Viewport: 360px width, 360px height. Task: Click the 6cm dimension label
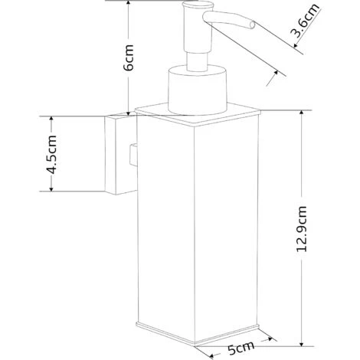(128, 57)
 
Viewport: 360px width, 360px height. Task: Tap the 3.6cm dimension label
(306, 21)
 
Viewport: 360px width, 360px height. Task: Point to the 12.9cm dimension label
(302, 229)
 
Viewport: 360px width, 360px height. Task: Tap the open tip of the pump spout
(252, 25)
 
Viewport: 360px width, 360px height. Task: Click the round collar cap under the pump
(198, 90)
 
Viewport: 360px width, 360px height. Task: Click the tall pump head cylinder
(198, 27)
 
